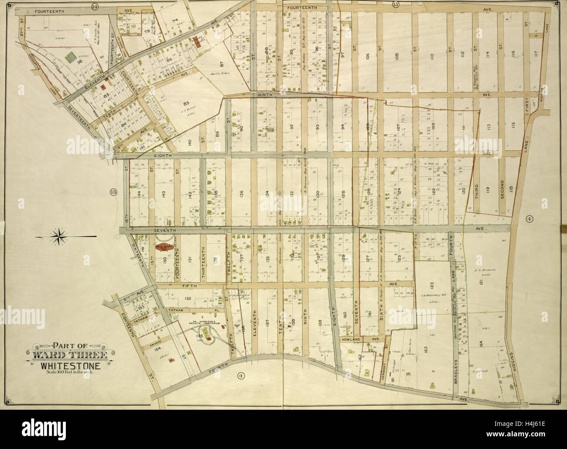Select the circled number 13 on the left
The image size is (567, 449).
pyautogui.click(x=113, y=192)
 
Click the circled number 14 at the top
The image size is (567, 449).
pyautogui.click(x=95, y=6)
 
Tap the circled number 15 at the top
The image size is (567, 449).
pyautogui.click(x=396, y=5)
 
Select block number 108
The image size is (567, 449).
pyautogui.click(x=396, y=56)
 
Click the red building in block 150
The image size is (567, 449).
pyautogui.click(x=165, y=247)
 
